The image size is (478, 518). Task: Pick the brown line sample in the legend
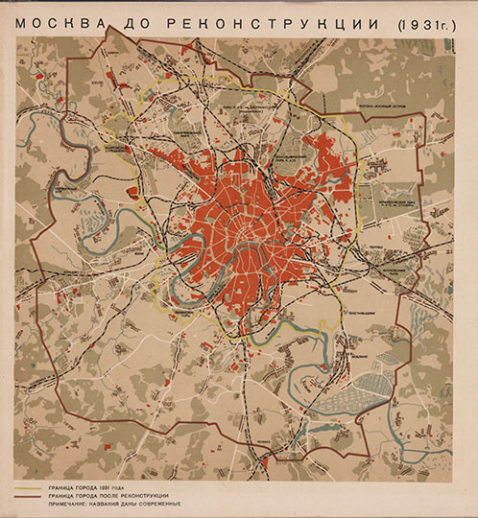coord(33,496)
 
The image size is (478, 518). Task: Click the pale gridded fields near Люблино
coord(354,392)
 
